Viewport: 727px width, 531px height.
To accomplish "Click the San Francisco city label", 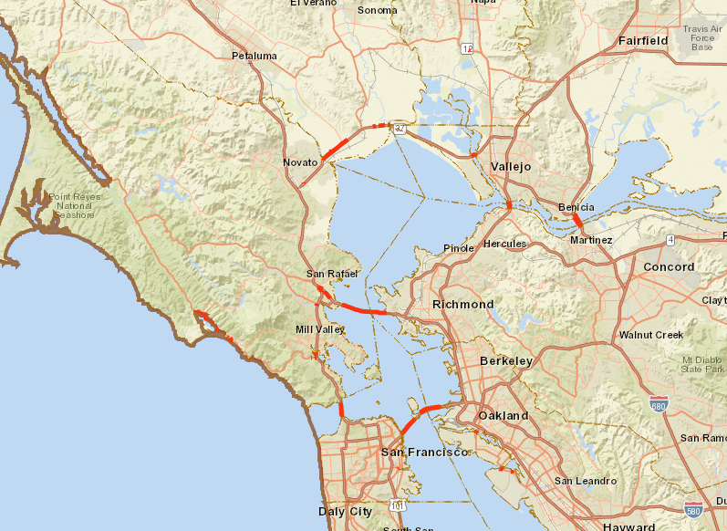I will [424, 453].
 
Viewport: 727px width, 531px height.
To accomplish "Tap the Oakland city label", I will [504, 416].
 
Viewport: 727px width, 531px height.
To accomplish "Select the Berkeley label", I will [506, 361].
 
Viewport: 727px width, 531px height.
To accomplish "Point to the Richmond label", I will [463, 304].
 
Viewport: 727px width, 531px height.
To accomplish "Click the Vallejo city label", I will [511, 167].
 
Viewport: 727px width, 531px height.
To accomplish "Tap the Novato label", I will [300, 162].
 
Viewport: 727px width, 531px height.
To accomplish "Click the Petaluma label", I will [254, 56].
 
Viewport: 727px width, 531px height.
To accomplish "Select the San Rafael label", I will [332, 274].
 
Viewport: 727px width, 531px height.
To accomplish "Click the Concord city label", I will [670, 267].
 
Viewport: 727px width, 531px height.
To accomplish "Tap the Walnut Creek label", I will [651, 335].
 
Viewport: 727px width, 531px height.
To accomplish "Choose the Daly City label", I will [346, 512].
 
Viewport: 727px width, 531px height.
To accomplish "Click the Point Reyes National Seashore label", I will [72, 205].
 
